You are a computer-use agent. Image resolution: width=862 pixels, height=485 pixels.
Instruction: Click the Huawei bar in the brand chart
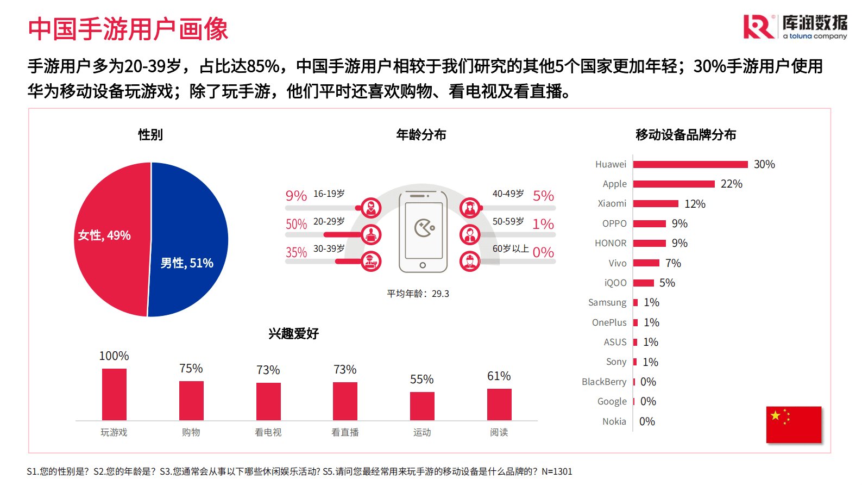click(x=690, y=164)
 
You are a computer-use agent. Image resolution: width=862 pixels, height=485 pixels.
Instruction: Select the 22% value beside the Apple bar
click(x=731, y=184)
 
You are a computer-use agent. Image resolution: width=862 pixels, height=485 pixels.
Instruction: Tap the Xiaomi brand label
click(x=612, y=203)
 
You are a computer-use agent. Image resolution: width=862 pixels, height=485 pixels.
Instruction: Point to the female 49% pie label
click(x=104, y=235)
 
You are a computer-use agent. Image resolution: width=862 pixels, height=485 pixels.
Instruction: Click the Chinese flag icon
click(x=794, y=425)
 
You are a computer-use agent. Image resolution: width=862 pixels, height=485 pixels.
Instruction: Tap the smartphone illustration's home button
click(x=423, y=265)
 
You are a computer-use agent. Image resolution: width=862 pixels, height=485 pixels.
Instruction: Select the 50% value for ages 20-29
click(x=296, y=224)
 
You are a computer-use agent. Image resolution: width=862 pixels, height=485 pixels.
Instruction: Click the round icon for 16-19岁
click(x=371, y=207)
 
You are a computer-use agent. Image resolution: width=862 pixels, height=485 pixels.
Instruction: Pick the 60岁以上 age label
click(x=511, y=248)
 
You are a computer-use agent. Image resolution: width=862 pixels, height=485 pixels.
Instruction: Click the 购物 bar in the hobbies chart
click(x=191, y=401)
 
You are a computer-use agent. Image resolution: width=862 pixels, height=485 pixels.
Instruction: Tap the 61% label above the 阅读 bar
click(x=499, y=376)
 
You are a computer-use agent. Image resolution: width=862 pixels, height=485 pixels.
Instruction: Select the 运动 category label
click(x=422, y=432)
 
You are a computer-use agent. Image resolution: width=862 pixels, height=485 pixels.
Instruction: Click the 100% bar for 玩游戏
click(x=114, y=394)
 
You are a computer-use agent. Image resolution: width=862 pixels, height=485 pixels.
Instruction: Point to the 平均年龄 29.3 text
click(x=418, y=294)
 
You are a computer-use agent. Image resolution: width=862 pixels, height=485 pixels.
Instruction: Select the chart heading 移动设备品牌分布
click(x=685, y=135)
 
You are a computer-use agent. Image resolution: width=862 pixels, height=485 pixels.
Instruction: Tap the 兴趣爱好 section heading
click(x=293, y=334)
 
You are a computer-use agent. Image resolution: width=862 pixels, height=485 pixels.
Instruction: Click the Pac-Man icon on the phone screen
click(x=424, y=228)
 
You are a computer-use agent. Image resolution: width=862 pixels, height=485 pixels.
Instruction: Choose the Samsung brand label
click(x=607, y=302)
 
